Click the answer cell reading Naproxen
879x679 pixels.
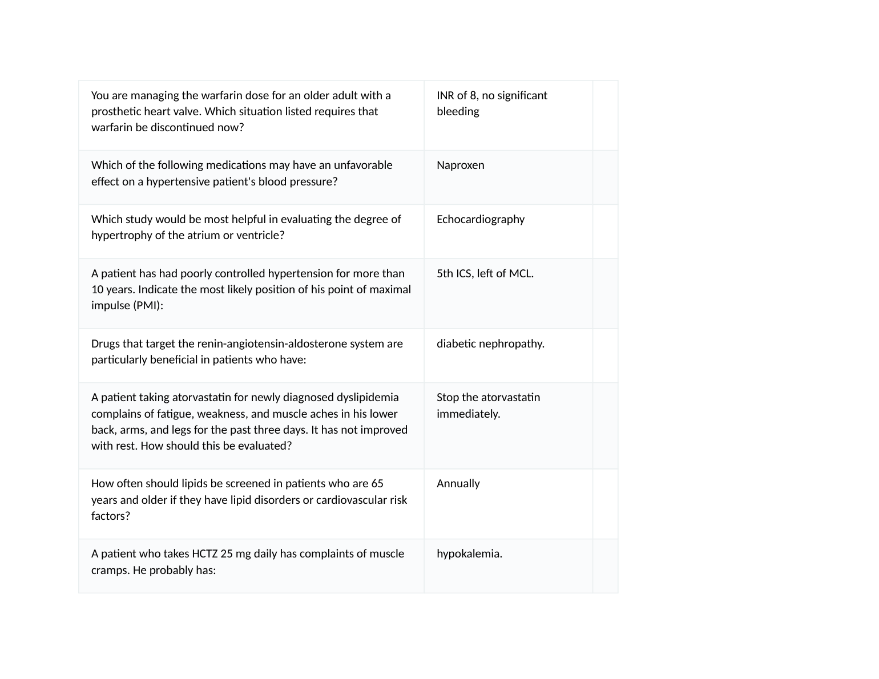460,165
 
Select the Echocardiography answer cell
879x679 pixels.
480,219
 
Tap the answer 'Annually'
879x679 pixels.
458,484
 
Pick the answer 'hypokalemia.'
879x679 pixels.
469,554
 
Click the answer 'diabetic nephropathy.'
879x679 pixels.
490,344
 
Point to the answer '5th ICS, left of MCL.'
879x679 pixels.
485,274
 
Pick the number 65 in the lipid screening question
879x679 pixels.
377,484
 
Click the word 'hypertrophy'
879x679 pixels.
121,236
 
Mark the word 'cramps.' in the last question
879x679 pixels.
110,571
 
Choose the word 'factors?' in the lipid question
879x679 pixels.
111,516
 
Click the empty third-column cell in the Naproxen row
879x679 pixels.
605,177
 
